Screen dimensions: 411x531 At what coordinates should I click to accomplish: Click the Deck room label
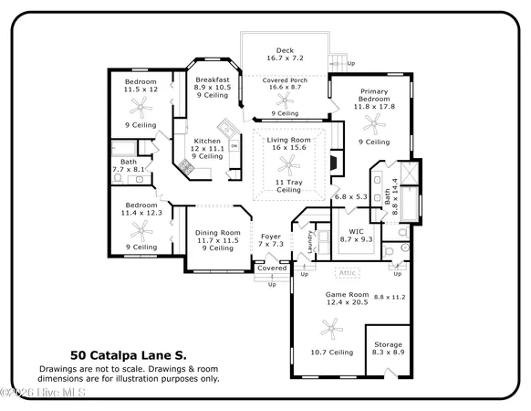click(x=285, y=50)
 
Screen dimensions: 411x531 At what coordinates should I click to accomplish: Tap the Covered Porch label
click(x=285, y=80)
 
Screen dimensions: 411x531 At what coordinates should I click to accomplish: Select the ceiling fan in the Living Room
click(x=286, y=164)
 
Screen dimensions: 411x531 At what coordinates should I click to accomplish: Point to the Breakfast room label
click(x=212, y=79)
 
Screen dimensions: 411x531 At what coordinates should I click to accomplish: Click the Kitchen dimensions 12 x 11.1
click(x=207, y=148)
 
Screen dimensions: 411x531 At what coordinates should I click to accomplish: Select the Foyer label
click(x=271, y=236)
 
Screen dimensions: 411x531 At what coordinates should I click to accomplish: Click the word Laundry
click(x=310, y=240)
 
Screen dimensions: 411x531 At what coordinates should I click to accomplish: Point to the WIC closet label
click(x=350, y=230)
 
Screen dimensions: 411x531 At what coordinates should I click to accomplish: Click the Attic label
click(x=347, y=272)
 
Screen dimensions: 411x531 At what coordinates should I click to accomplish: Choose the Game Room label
click(x=347, y=294)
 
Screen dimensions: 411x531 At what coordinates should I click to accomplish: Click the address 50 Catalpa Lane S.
click(x=129, y=354)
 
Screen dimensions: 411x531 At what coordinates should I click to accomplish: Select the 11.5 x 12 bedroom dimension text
click(x=141, y=90)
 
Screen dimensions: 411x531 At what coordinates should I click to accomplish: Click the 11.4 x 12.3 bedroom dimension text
click(x=141, y=213)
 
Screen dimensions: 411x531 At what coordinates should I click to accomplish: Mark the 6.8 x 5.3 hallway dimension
click(x=350, y=196)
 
